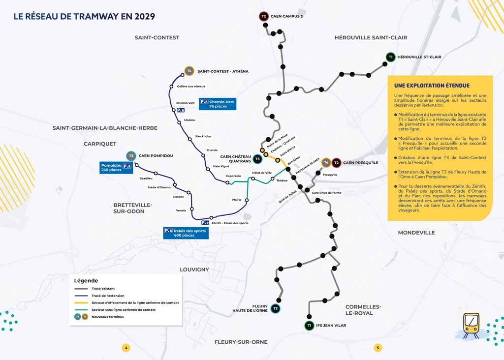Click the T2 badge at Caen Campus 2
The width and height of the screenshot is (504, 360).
[264, 16]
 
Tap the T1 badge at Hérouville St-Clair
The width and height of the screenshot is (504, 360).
[390, 57]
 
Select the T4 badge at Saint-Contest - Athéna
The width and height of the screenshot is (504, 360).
[189, 71]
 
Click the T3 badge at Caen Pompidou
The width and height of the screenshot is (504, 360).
[131, 156]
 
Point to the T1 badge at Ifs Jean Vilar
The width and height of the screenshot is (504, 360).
[309, 326]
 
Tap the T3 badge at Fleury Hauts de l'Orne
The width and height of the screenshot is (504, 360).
[276, 308]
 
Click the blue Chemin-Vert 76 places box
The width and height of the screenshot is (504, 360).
[217, 103]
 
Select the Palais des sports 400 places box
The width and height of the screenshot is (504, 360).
[186, 233]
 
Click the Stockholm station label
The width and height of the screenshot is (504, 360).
[203, 136]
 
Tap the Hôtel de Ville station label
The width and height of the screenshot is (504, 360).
[262, 173]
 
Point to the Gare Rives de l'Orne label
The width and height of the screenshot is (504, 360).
[326, 193]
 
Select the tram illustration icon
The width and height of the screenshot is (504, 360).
[471, 325]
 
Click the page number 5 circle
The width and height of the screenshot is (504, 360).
[378, 348]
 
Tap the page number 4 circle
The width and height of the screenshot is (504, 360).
[126, 348]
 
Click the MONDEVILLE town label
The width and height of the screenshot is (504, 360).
[416, 233]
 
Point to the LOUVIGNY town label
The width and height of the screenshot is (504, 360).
[194, 270]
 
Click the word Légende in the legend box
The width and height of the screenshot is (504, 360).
[86, 280]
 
